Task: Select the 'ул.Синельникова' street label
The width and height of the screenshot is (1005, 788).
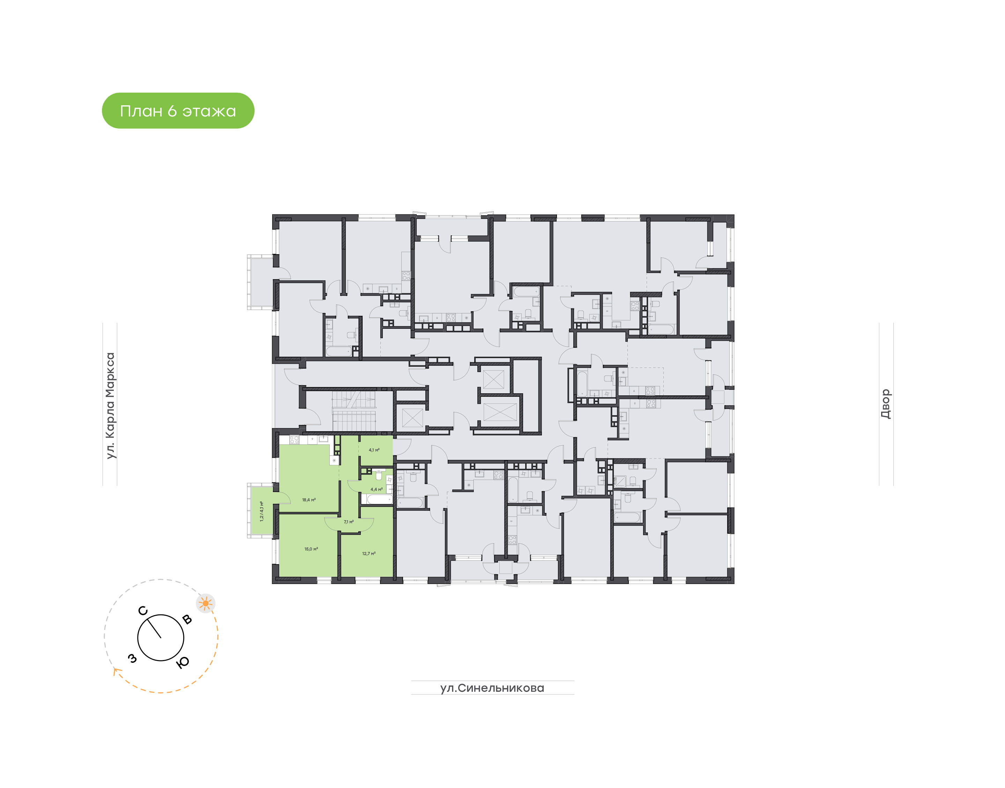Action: [492, 688]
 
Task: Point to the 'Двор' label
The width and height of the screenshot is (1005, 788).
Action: [885, 404]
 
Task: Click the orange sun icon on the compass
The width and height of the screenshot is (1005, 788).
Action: [206, 603]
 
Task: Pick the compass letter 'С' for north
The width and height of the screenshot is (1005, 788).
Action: [143, 611]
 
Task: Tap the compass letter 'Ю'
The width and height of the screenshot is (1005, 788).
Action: [183, 662]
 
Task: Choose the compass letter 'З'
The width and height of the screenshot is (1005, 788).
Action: [133, 658]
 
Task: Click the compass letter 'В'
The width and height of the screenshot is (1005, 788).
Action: [187, 619]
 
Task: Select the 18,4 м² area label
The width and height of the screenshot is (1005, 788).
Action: [309, 500]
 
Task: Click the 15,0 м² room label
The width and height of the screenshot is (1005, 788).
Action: [311, 549]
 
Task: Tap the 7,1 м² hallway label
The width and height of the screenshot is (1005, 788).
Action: [349, 522]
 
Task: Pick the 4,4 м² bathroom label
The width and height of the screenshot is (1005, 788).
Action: [376, 490]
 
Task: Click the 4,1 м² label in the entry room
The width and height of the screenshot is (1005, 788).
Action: [374, 450]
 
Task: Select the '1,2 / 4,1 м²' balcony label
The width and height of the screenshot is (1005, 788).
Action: [262, 511]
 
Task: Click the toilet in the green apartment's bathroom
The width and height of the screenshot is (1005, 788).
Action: [379, 475]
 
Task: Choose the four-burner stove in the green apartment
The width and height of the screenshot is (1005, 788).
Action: [294, 440]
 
